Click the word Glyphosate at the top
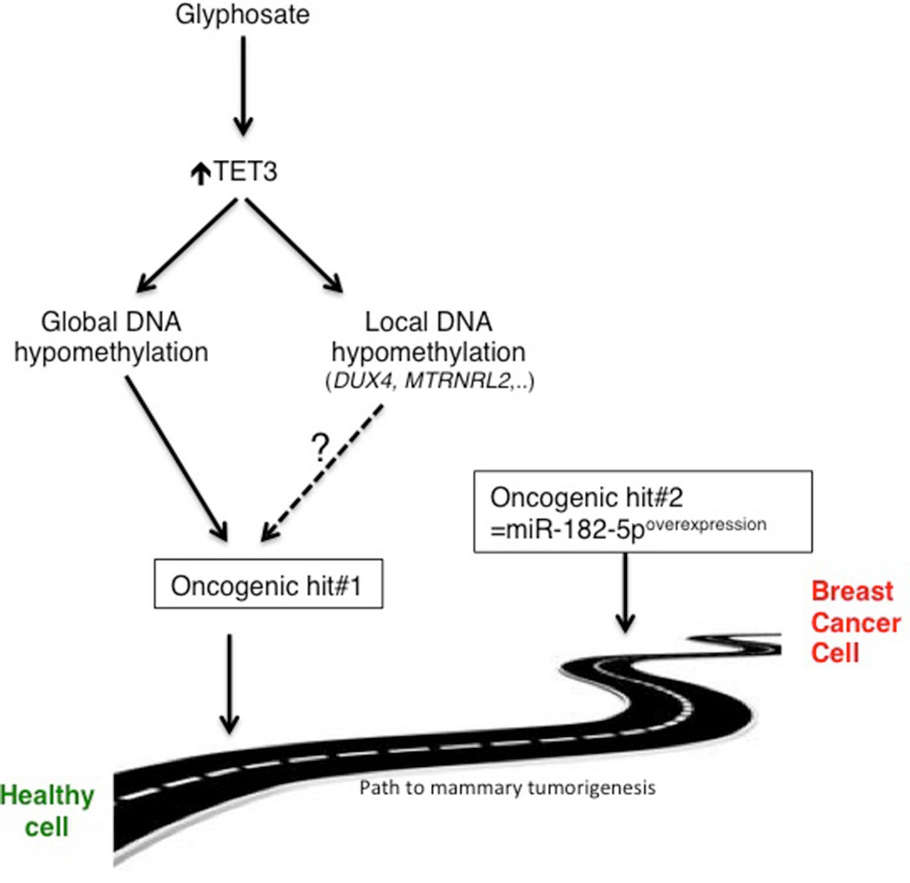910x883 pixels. pos(242,15)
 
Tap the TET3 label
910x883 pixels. pos(245,172)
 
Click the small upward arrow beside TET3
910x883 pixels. pos(201,173)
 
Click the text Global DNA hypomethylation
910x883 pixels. pos(111,337)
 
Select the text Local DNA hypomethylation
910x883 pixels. pos(428,337)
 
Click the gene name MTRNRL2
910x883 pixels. pos(457,381)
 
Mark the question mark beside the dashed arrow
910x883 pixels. pos(319,447)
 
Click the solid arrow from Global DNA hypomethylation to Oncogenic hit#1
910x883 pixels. pos(176,457)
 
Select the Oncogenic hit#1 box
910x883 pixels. pos(268,584)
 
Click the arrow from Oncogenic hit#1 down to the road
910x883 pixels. pos(229,683)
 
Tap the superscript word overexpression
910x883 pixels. pos(705,524)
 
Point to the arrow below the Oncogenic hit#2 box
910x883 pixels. pos(625,592)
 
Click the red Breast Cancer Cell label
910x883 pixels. pos(854,622)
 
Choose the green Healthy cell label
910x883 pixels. pos(48,811)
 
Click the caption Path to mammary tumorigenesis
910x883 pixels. pos(507,787)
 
